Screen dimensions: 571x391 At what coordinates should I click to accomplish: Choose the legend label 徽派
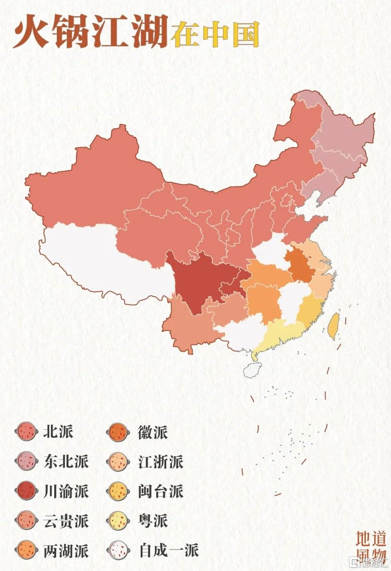point(152,432)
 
